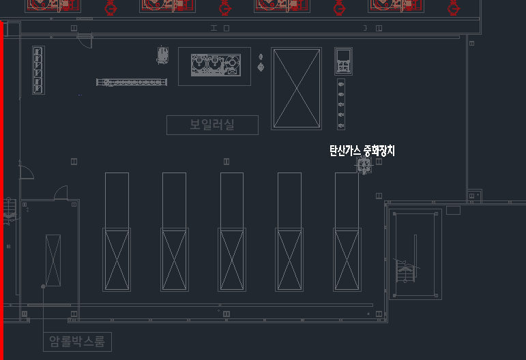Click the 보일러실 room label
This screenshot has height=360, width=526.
pos(212,125)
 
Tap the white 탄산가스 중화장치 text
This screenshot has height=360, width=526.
pos(362,151)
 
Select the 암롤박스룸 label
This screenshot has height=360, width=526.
pos(77,342)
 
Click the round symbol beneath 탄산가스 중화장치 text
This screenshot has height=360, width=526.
pos(363,166)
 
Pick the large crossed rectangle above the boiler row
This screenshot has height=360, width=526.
pos(296,88)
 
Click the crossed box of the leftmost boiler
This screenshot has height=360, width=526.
pos(117,260)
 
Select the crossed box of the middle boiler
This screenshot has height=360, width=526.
pos(232,260)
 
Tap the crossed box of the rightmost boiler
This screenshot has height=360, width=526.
pos(347,260)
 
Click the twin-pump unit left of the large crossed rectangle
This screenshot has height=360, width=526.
pos(214,66)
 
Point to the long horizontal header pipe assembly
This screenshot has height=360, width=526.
pos(132,82)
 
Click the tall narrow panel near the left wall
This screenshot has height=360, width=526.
pos(38,70)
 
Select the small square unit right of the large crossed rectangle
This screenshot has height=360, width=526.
pos(343,61)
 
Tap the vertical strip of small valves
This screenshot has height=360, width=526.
pos(341,104)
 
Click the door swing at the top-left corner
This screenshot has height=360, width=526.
pos(84,40)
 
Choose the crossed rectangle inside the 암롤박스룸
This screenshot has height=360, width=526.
pos(53,260)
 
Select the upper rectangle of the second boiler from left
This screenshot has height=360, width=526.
pos(174,199)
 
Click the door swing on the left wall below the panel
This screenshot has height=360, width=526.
pos(27,171)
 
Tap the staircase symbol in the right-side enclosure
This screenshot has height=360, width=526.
pos(407,271)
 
